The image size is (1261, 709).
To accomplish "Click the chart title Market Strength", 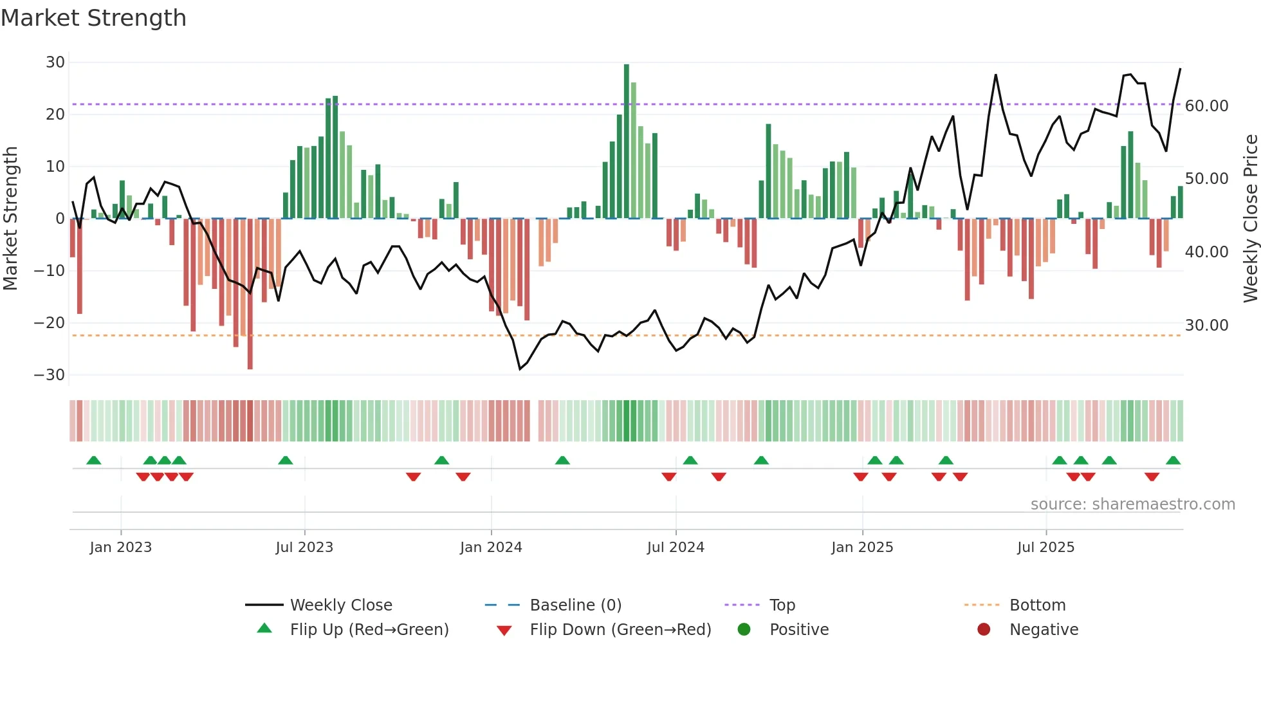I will click(93, 18).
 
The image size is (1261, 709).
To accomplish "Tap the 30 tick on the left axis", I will click(55, 62).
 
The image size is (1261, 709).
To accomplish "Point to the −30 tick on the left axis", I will click(50, 375).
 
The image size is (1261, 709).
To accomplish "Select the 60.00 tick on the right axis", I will click(1206, 106).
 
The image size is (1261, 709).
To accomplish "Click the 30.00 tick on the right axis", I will click(1206, 326).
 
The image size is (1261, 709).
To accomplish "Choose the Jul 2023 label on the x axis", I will click(304, 548).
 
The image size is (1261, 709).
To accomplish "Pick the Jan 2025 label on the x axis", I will click(862, 548).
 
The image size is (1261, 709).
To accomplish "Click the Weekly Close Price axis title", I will click(1250, 219).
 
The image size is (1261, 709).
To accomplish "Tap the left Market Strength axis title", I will click(11, 219).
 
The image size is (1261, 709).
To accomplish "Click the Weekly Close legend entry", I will click(340, 605).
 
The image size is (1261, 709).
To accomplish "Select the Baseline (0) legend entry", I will click(575, 605).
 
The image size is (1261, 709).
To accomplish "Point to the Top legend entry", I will click(782, 605).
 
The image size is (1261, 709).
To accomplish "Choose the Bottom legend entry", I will click(1037, 605).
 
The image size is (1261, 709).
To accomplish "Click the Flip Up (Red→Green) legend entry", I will click(369, 630).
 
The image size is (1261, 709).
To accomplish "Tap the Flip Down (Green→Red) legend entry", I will click(620, 630).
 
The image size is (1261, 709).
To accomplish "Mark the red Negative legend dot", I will click(984, 630).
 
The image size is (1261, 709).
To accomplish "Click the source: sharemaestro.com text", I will click(1132, 504).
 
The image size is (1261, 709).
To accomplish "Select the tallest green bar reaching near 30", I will click(627, 142).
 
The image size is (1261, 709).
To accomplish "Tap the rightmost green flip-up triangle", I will click(1173, 461).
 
